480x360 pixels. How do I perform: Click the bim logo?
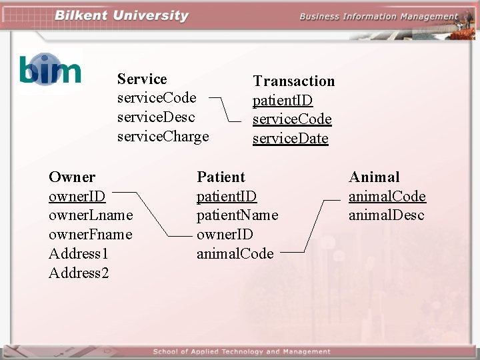(50, 69)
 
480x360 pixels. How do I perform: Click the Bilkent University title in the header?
(121, 16)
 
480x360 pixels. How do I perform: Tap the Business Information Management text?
(379, 17)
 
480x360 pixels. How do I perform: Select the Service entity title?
(142, 79)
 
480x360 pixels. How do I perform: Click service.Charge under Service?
(163, 137)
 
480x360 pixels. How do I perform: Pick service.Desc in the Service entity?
(156, 117)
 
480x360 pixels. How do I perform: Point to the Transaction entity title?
(293, 81)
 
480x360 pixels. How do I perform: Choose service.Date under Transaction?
(290, 139)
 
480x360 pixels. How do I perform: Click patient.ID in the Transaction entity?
(282, 101)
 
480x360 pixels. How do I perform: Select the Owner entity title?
(72, 177)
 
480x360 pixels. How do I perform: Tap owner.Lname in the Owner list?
(91, 215)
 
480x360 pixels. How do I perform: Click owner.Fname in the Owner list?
(90, 235)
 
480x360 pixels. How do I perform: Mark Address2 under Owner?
(79, 273)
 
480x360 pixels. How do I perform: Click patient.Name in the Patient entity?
(237, 215)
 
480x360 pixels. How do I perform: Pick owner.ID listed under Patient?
(225, 235)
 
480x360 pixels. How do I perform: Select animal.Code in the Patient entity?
(235, 253)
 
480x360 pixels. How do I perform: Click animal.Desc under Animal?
(386, 215)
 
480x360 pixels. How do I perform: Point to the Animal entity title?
(374, 177)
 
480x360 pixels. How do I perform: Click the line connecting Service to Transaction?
(230, 109)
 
